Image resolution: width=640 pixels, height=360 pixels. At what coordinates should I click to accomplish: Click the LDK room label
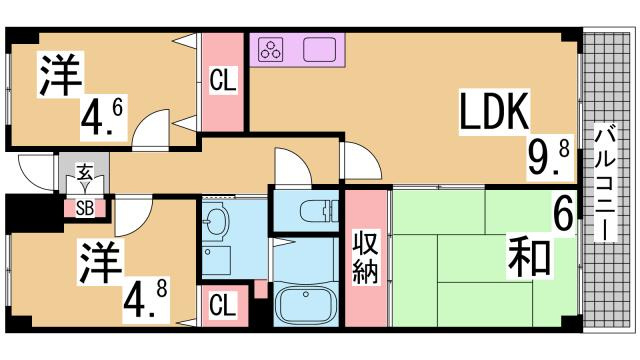click(x=494, y=112)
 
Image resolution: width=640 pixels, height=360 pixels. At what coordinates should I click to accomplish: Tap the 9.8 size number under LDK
click(x=548, y=156)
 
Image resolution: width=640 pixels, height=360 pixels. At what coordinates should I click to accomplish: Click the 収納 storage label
click(x=364, y=258)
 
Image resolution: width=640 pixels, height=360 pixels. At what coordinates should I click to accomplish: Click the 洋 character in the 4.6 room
click(x=61, y=76)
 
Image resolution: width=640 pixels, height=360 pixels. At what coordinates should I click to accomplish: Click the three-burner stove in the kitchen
click(x=272, y=49)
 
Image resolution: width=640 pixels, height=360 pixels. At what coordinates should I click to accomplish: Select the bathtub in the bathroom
click(x=305, y=305)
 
